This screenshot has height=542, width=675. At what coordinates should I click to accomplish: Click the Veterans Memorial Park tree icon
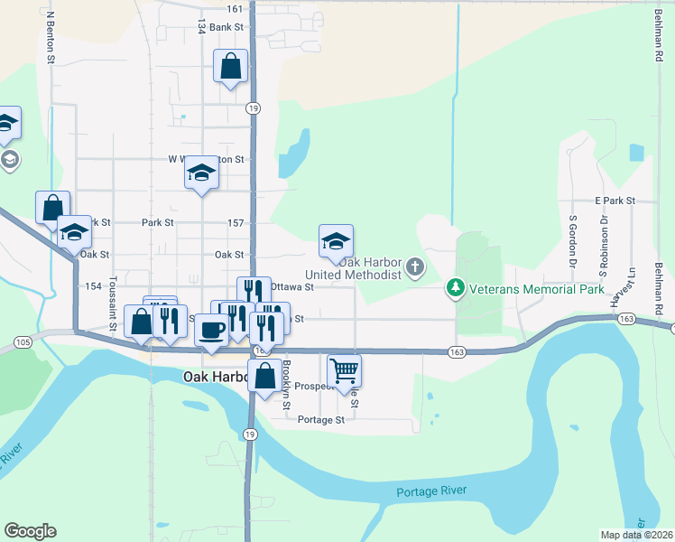[x=456, y=289]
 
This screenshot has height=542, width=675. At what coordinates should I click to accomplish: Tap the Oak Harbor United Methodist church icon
[x=415, y=266]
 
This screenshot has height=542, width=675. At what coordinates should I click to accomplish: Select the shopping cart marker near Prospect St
[x=344, y=369]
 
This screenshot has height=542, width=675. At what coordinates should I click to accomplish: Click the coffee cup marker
[x=212, y=330]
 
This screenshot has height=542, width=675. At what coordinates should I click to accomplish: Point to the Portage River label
[x=433, y=491]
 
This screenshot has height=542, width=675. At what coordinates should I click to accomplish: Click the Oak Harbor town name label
[x=215, y=375]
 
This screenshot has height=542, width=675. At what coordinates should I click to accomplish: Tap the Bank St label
[x=227, y=27]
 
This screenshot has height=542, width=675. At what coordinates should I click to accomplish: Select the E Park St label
[x=615, y=200]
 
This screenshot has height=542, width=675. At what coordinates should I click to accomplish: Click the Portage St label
[x=321, y=420]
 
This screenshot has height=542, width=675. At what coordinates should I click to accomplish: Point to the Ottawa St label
[x=291, y=287]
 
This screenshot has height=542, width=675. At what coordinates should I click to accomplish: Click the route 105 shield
[x=23, y=341]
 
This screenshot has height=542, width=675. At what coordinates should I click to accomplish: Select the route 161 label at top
[x=235, y=8]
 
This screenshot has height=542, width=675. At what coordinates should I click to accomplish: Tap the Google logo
[x=30, y=531]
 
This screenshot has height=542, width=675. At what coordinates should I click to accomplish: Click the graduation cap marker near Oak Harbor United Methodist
[x=336, y=241]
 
